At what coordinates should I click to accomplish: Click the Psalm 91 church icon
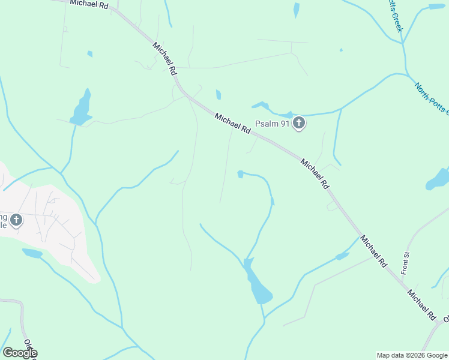pos(299,124)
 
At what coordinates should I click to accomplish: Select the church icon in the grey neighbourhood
pos(16,220)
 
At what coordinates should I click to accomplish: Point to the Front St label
pos(405,263)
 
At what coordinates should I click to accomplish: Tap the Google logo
pos(20,353)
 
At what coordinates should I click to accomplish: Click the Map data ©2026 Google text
pos(412,355)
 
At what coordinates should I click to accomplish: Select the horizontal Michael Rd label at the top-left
pos(88,4)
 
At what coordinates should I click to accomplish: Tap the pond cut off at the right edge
pos(439,179)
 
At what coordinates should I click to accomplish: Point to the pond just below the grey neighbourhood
pos(32,253)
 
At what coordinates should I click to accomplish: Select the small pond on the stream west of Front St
pos(342,256)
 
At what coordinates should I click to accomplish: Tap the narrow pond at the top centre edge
pos(297,10)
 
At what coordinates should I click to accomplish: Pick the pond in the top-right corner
pos(436,7)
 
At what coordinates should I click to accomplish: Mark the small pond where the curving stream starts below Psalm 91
pos(240,174)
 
